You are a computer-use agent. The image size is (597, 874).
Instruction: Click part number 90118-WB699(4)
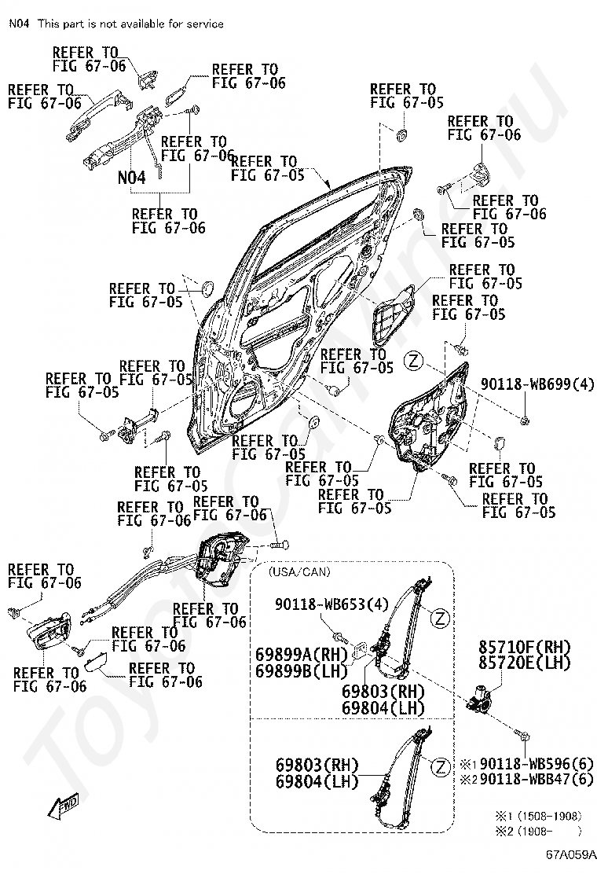tap(537, 384)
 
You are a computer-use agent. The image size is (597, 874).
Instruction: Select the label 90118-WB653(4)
tap(332, 604)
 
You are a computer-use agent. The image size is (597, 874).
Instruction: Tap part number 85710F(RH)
tap(526, 647)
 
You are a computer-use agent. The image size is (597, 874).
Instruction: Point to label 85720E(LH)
tap(526, 663)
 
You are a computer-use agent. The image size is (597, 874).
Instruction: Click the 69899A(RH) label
tap(302, 654)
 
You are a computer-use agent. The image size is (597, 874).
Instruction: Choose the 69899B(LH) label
tap(302, 670)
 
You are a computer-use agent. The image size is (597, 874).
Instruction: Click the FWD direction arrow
tap(62, 806)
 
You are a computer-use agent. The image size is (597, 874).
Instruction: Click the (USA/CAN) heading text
tap(299, 572)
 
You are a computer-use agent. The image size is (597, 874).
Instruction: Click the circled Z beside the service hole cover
tap(413, 361)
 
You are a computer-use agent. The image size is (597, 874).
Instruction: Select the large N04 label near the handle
tap(132, 178)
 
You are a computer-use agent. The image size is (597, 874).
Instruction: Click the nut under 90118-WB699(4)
tap(524, 420)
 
